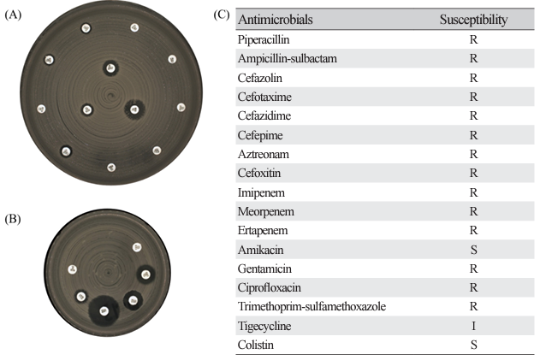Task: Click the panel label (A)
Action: pyautogui.click(x=13, y=15)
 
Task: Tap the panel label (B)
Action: pyautogui.click(x=13, y=219)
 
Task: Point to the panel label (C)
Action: pyautogui.click(x=222, y=15)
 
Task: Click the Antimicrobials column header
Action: pyautogui.click(x=276, y=20)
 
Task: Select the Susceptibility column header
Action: pyautogui.click(x=473, y=20)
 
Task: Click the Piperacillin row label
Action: pyautogui.click(x=264, y=39)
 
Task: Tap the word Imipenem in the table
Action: pyautogui.click(x=261, y=192)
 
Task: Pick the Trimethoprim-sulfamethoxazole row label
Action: pyautogui.click(x=312, y=306)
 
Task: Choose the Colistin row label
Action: pyautogui.click(x=256, y=345)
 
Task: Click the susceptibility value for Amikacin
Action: pyautogui.click(x=473, y=250)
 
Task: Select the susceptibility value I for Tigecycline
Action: pyautogui.click(x=473, y=326)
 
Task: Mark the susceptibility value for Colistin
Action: pyautogui.click(x=473, y=345)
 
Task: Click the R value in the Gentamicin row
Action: pyautogui.click(x=473, y=269)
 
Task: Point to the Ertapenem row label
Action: pyautogui.click(x=263, y=230)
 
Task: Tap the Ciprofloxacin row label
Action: pyautogui.click(x=270, y=287)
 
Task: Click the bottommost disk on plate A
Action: pyautogui.click(x=111, y=168)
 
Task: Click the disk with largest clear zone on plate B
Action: pyautogui.click(x=104, y=311)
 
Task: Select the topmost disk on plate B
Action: pyautogui.click(x=137, y=247)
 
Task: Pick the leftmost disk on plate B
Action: pyautogui.click(x=73, y=269)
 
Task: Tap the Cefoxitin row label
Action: pyautogui.click(x=259, y=173)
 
